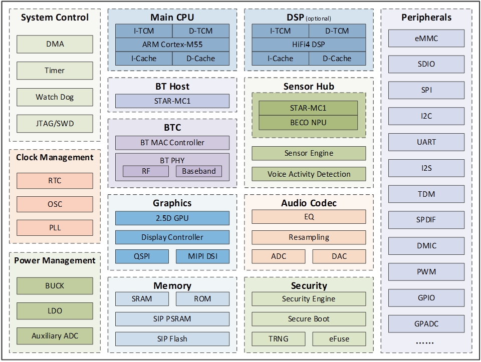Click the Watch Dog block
click(55, 97)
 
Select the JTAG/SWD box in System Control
click(55, 123)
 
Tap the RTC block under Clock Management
click(55, 180)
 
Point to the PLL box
click(55, 227)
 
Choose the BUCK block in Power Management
click(55, 286)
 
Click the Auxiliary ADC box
click(55, 335)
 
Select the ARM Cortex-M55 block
click(172, 45)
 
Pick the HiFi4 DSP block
click(309, 45)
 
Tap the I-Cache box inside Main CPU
click(144, 58)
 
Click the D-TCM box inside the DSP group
click(337, 31)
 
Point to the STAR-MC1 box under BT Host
click(172, 101)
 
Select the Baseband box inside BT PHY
click(199, 171)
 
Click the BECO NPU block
click(308, 122)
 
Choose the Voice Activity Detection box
click(309, 174)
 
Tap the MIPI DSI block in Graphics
click(202, 256)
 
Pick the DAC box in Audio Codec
click(339, 256)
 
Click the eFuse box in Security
click(339, 339)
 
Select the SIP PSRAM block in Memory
click(172, 318)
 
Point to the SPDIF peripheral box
click(426, 220)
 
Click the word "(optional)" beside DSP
click(318, 19)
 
